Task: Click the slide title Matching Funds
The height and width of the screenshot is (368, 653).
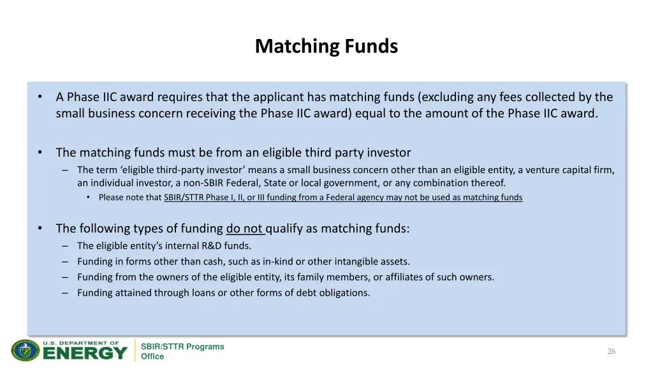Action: tap(326, 47)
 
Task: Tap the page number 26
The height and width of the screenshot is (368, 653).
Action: tap(611, 351)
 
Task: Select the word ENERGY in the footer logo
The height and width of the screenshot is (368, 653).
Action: tap(85, 353)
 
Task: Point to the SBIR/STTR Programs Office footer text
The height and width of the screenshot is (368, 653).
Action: tap(182, 351)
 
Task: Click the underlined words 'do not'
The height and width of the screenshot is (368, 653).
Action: tap(245, 229)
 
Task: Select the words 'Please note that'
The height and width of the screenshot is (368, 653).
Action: tap(130, 198)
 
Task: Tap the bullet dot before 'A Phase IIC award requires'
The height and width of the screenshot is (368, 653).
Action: tap(40, 97)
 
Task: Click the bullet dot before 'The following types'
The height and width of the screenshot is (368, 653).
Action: tap(40, 229)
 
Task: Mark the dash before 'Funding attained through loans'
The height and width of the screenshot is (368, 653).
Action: tap(66, 293)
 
